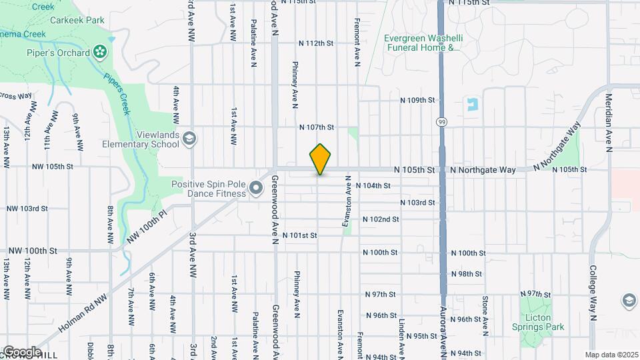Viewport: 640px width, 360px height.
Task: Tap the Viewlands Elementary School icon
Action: (189, 138)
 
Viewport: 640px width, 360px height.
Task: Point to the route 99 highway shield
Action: (441, 122)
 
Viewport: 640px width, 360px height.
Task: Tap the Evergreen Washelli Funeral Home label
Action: (422, 43)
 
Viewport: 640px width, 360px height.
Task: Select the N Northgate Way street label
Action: (483, 170)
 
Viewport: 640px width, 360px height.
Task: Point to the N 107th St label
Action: (316, 127)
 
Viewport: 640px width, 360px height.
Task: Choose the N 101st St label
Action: (299, 235)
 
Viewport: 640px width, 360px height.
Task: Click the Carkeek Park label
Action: (86, 21)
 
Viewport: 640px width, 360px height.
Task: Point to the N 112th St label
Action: (315, 43)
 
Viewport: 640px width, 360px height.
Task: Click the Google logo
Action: (21, 351)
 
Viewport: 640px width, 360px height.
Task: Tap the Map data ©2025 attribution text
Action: (611, 355)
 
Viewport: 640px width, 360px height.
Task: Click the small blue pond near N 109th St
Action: (473, 105)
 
